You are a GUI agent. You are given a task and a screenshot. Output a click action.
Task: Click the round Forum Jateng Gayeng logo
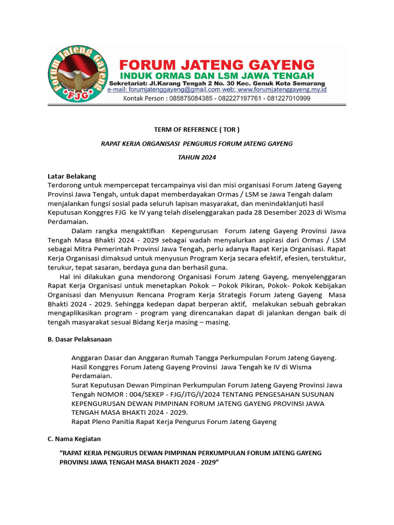[x=77, y=74]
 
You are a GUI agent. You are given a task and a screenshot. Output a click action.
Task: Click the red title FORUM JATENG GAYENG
[x=216, y=65]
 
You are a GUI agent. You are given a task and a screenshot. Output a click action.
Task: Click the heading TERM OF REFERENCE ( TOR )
[x=197, y=129]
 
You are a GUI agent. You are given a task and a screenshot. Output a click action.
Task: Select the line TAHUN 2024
[x=197, y=157]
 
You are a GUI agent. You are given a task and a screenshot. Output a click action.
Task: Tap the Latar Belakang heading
[x=72, y=176]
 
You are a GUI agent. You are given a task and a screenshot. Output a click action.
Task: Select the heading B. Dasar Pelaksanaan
[x=80, y=339]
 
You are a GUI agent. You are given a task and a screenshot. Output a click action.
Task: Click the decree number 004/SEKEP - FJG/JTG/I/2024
[x=159, y=394]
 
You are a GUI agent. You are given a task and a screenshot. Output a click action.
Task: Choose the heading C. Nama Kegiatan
[x=74, y=439]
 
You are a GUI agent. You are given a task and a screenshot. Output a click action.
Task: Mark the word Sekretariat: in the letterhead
[x=127, y=83]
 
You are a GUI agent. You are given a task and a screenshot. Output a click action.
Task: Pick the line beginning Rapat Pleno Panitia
[x=174, y=421]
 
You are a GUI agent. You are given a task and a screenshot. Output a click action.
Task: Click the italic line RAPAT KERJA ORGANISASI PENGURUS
[x=197, y=144]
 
